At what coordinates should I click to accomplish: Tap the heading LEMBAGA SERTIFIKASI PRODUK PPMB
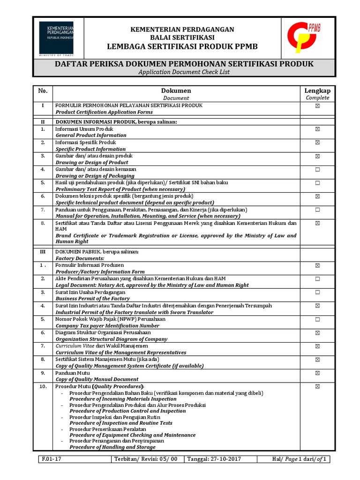click(182, 46)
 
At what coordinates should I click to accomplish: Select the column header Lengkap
click(317, 90)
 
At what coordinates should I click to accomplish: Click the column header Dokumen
click(176, 90)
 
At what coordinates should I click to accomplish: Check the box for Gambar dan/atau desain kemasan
click(317, 169)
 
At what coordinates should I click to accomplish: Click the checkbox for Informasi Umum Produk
click(317, 128)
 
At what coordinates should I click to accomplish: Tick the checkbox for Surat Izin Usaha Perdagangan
click(317, 292)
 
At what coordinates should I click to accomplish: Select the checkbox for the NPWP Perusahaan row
click(317, 319)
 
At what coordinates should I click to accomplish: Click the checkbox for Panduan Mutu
click(317, 373)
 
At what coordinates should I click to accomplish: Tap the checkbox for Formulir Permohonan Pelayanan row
click(317, 106)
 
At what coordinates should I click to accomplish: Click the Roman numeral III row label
click(43, 252)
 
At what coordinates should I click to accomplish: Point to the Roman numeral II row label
click(43, 122)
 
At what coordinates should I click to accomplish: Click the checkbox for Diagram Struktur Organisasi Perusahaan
click(317, 333)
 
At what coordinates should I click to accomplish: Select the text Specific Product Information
click(90, 149)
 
